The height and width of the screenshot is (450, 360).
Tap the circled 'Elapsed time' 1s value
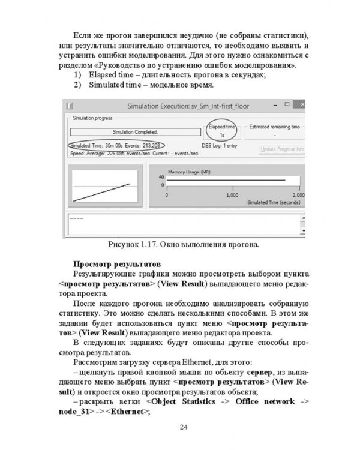pyautogui.click(x=222, y=136)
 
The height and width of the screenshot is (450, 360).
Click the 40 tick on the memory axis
pyautogui.click(x=161, y=178)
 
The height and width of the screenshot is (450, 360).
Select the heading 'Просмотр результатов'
pyautogui.click(x=110, y=263)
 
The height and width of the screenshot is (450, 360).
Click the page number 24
pyautogui.click(x=183, y=427)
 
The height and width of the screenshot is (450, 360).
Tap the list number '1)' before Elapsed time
pyautogui.click(x=77, y=74)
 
